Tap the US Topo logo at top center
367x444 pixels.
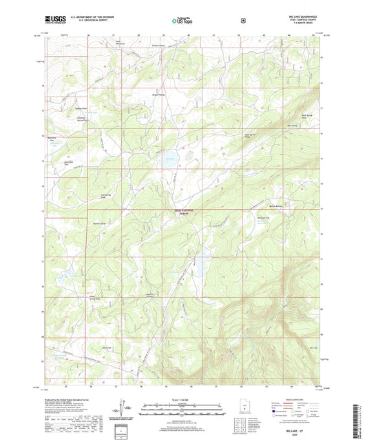(x=182, y=21)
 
